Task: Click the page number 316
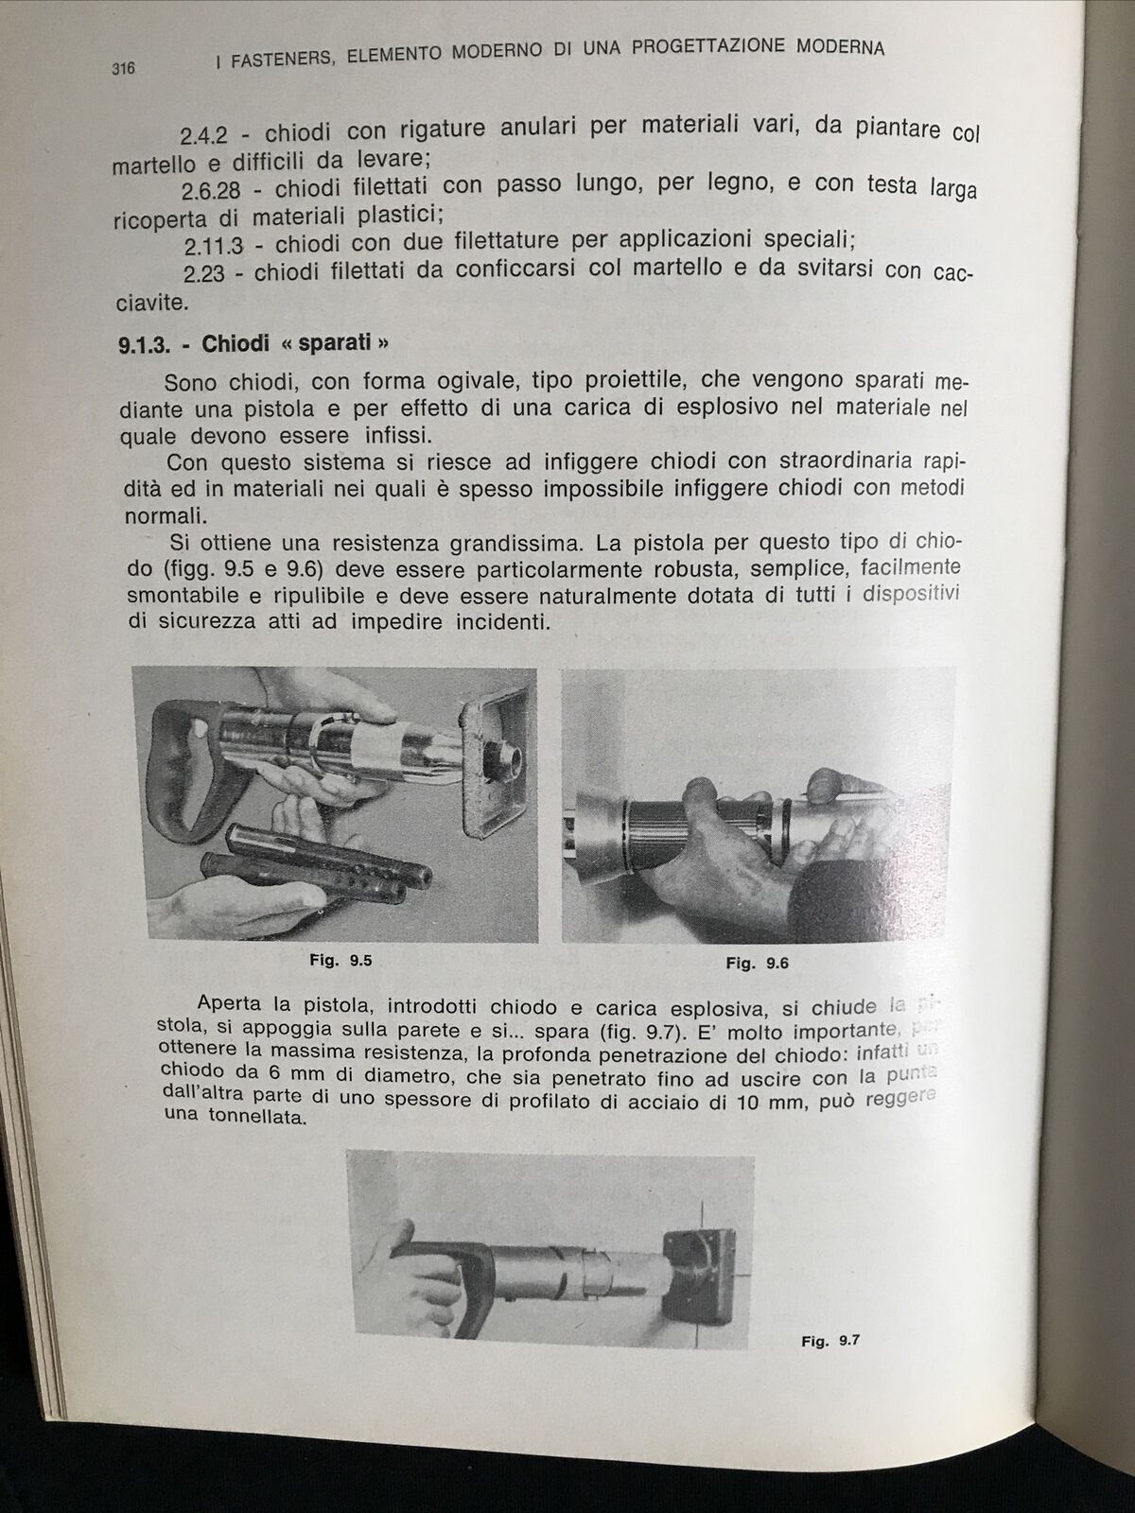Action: coord(124,68)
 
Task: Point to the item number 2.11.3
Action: coord(214,248)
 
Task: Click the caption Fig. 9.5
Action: coord(340,961)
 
